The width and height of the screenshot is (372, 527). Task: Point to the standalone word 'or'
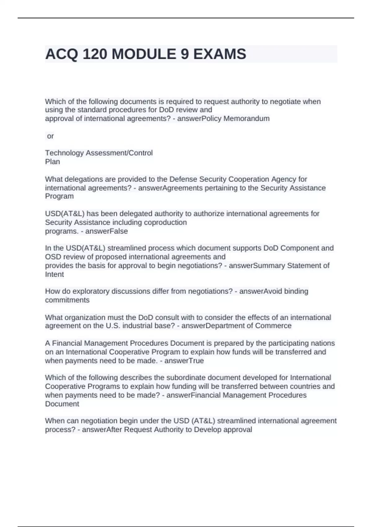pos(50,136)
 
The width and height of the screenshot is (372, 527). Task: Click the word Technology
pos(64,153)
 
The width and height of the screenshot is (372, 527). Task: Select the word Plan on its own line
pos(52,162)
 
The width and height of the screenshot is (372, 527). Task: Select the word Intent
pos(55,274)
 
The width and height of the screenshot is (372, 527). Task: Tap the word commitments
pos(67,300)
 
